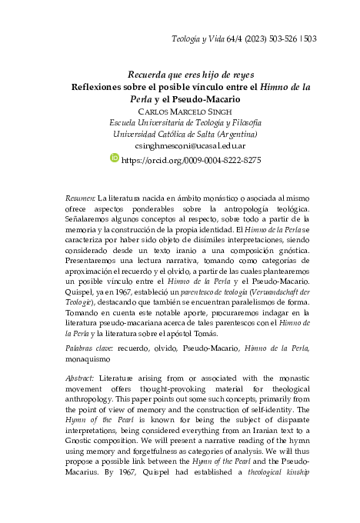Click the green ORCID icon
(x=115, y=158)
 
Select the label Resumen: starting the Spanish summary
(x=80, y=198)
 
